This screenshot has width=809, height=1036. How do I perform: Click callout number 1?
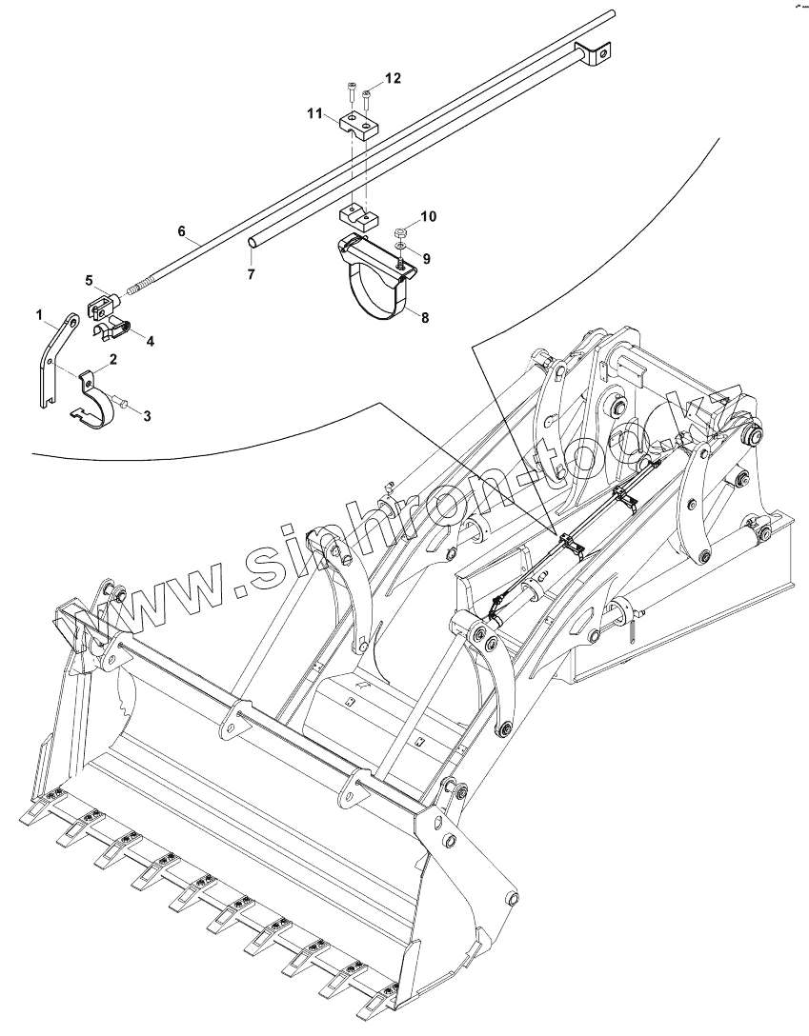coord(40,313)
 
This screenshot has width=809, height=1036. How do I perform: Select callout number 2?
coord(113,359)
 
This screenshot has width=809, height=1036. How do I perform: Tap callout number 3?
coord(147,415)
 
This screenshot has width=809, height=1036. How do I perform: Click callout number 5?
coord(90,281)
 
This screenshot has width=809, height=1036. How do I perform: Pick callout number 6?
coord(182,230)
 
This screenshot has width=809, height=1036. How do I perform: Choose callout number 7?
coord(252,273)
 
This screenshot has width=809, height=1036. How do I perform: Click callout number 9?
coord(427,258)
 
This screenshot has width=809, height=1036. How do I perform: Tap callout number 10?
coord(429,217)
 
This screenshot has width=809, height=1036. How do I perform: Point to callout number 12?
coord(393,76)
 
